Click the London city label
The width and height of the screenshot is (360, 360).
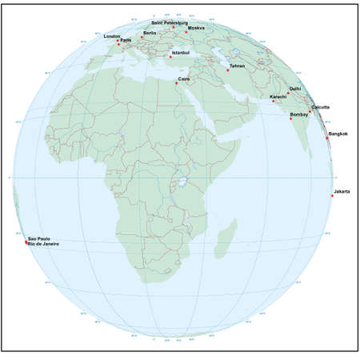(x=113, y=36)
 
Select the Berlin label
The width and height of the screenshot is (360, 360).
(x=150, y=33)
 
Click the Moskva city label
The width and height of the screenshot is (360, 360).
(x=197, y=28)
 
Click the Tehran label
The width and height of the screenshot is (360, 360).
(x=237, y=66)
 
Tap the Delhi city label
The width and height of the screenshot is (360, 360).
(x=294, y=90)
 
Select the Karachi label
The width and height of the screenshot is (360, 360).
(x=278, y=96)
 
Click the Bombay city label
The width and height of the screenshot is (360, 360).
(x=299, y=114)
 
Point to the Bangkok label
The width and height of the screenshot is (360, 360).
(x=338, y=134)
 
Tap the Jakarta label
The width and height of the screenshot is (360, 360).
(x=341, y=191)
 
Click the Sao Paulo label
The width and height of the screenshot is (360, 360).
(x=38, y=238)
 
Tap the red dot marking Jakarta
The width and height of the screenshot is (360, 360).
(x=331, y=196)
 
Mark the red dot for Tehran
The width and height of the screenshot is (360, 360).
(x=227, y=71)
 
